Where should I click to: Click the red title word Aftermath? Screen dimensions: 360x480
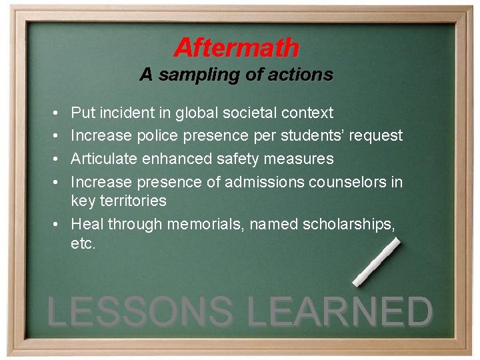[x=237, y=48]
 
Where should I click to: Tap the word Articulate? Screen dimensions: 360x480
[x=102, y=159]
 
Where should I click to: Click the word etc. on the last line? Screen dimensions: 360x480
[x=83, y=244]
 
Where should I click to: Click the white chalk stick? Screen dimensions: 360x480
[x=376, y=262]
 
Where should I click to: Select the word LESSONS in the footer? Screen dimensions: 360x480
[x=141, y=312]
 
